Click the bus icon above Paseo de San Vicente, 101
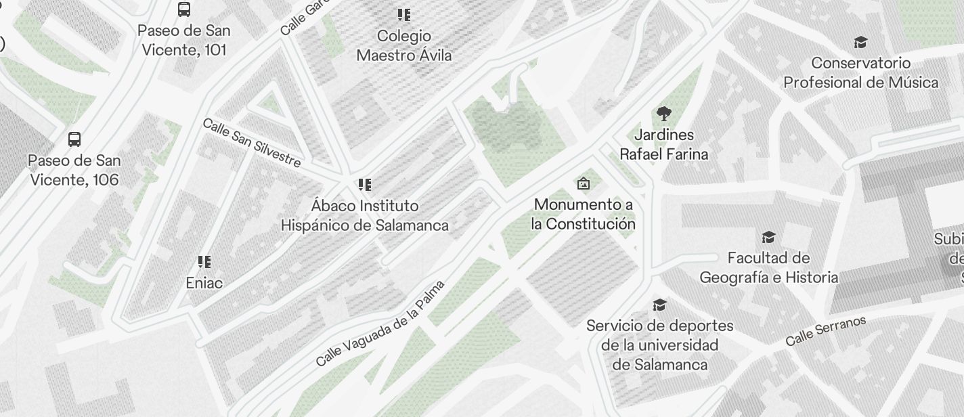point(184,9)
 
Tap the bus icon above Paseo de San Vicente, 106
point(74,139)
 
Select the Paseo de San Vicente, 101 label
point(184,40)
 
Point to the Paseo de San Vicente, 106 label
point(74,170)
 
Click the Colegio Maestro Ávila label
point(404,45)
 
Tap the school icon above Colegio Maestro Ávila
point(404,15)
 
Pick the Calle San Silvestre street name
point(252,143)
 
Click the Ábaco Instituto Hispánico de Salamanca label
point(365,215)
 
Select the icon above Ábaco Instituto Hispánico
point(365,184)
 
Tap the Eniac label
point(204,283)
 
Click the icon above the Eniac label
point(204,262)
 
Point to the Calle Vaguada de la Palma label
point(380,323)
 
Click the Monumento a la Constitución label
point(584,214)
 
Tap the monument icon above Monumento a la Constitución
point(584,183)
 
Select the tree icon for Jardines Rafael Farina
point(664,114)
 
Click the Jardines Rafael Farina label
point(664,144)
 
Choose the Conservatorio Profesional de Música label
point(861,72)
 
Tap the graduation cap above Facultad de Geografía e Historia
point(768,238)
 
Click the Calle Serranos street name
point(826,331)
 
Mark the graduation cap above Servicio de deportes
point(660,305)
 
